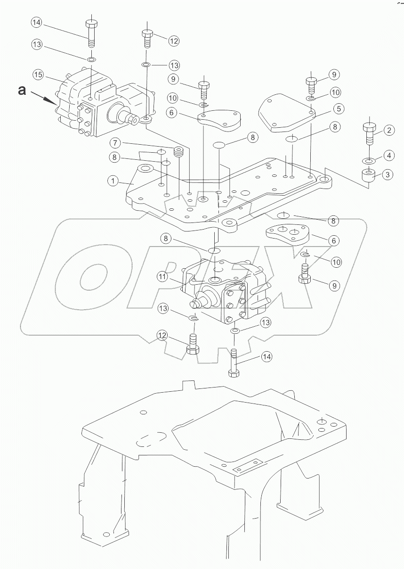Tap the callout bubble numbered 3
coord(387,175)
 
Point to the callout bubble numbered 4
coord(388,155)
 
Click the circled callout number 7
coord(115,142)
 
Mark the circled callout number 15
coord(38,74)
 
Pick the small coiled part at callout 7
coord(178,152)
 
